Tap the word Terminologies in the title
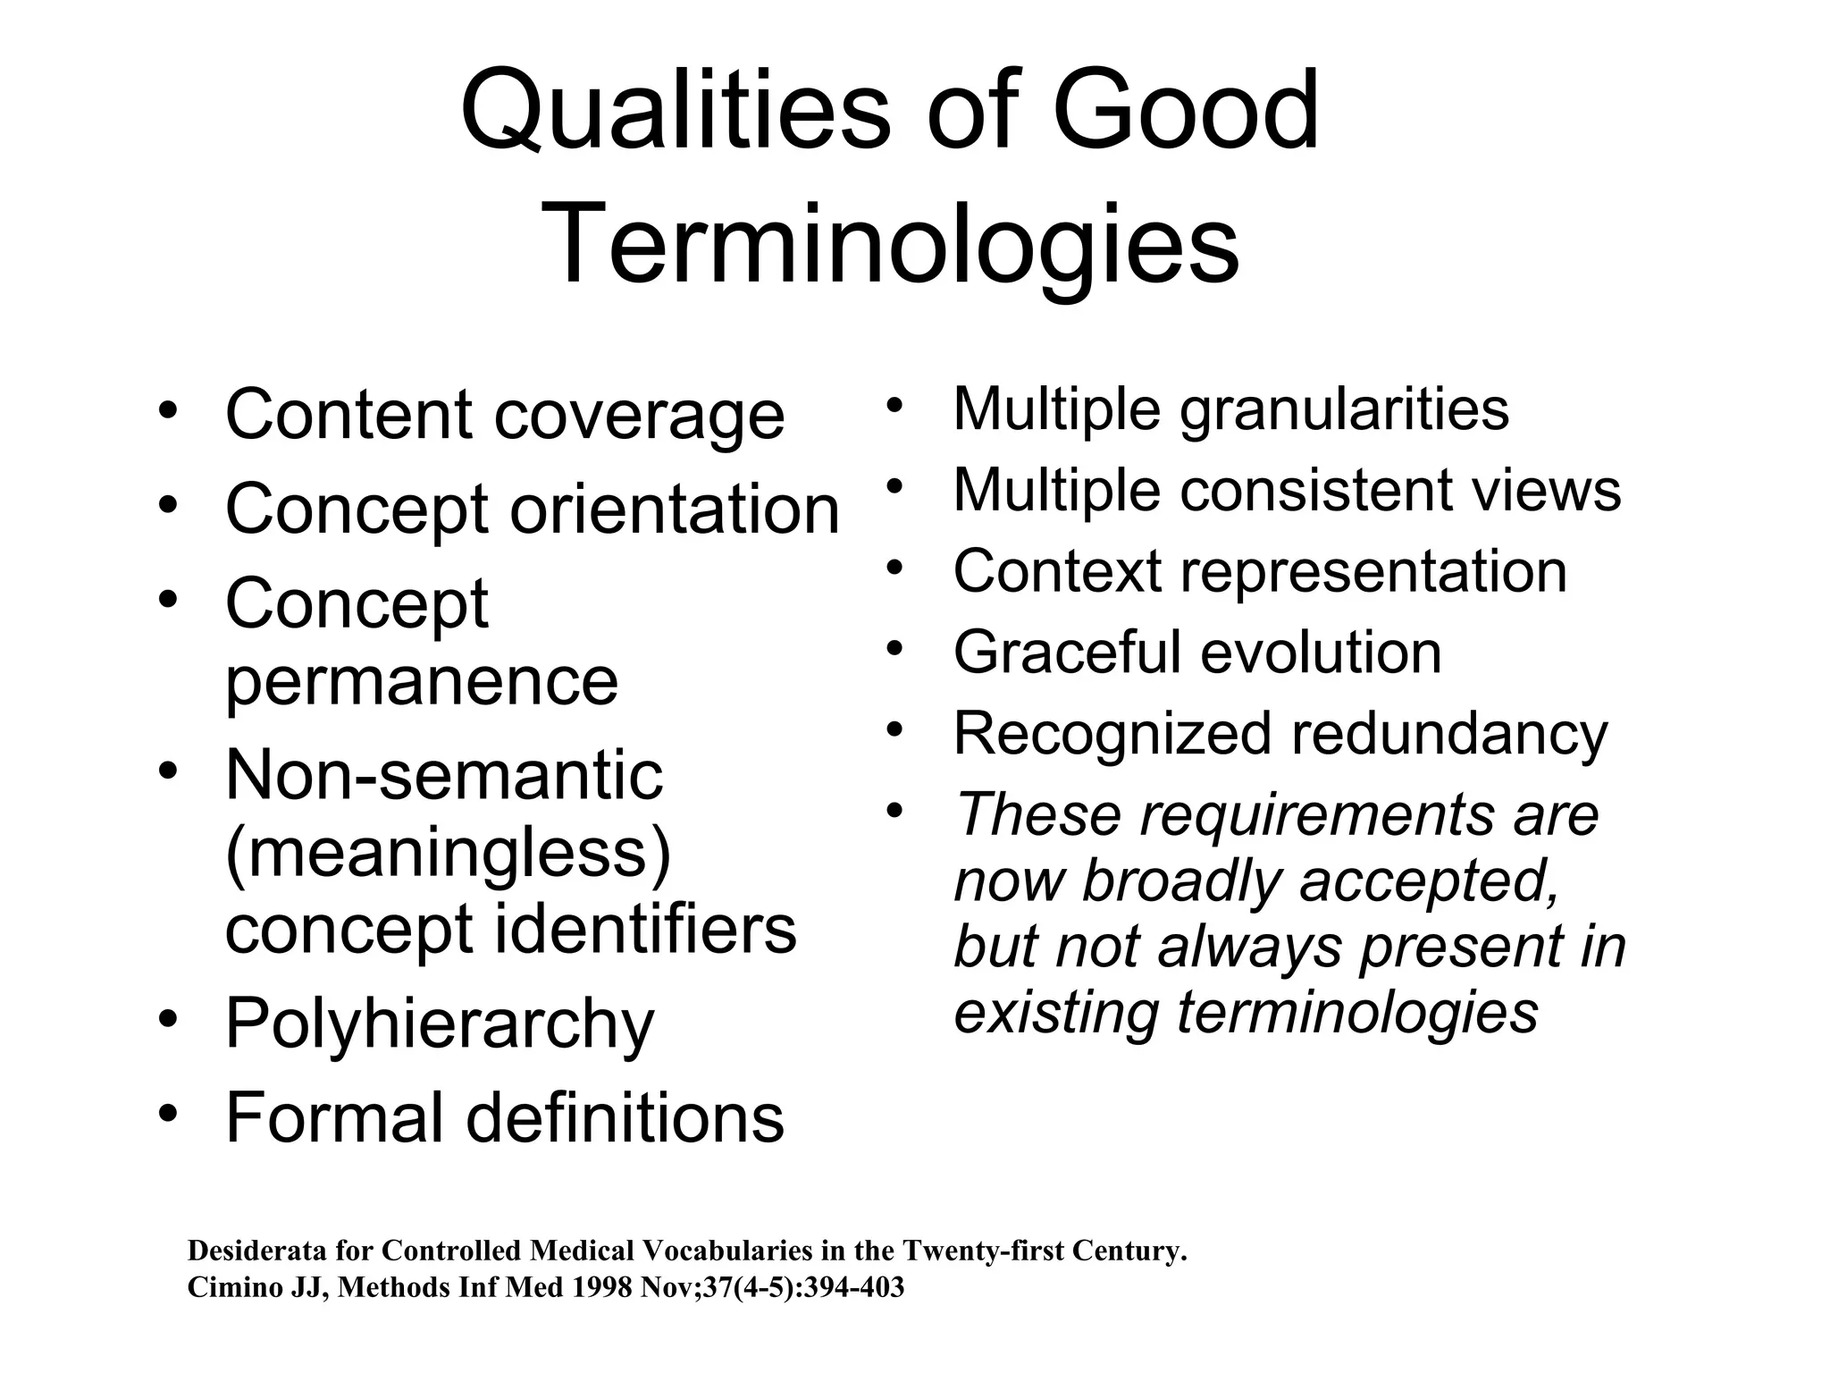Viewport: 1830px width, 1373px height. point(890,244)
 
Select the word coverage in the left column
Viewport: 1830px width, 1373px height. point(639,416)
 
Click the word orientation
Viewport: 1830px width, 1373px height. point(675,510)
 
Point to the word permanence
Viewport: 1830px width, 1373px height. point(421,681)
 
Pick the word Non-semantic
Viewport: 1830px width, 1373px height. point(444,775)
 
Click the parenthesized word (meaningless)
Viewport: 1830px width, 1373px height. point(448,854)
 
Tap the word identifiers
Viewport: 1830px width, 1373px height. point(645,930)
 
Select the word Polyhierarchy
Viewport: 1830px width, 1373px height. point(440,1025)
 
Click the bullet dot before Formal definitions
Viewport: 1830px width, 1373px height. point(167,1114)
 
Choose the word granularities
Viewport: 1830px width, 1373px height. point(1344,410)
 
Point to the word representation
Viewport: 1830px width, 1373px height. point(1373,571)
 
